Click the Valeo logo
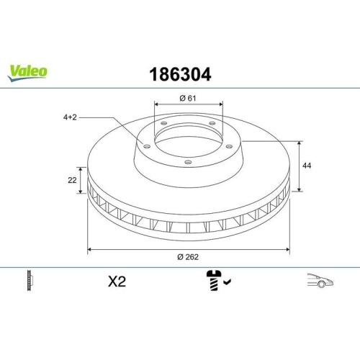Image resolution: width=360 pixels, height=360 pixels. tap(28, 71)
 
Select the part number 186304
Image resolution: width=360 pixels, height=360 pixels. tap(180, 73)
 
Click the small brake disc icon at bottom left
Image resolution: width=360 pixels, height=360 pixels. tap(30, 281)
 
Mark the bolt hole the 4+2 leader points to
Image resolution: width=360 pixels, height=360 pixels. tap(147, 146)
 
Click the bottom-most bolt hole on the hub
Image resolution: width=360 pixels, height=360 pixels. tap(188, 162)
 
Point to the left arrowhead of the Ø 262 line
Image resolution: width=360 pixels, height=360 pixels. tap(89, 250)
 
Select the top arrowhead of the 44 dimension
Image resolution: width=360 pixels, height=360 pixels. tap(300, 143)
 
